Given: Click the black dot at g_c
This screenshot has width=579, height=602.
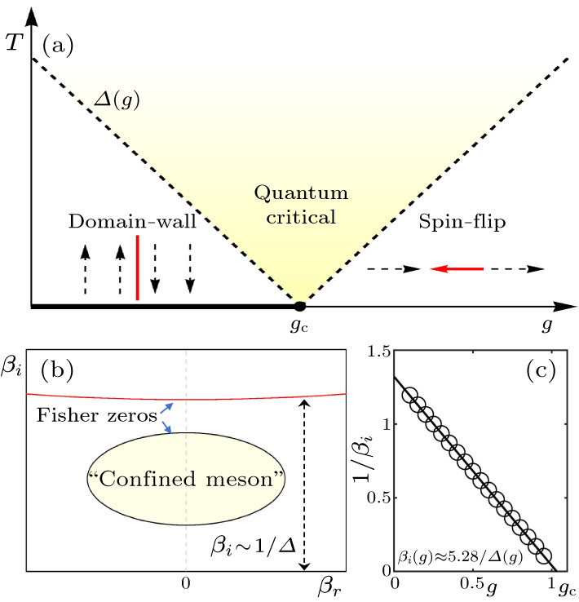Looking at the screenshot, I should point(299,307).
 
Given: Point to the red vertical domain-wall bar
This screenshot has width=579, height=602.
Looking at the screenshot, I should point(137,266).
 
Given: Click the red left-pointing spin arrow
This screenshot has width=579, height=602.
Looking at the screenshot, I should point(457,267).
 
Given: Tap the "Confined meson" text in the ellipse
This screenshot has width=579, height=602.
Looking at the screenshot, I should point(188,477).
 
